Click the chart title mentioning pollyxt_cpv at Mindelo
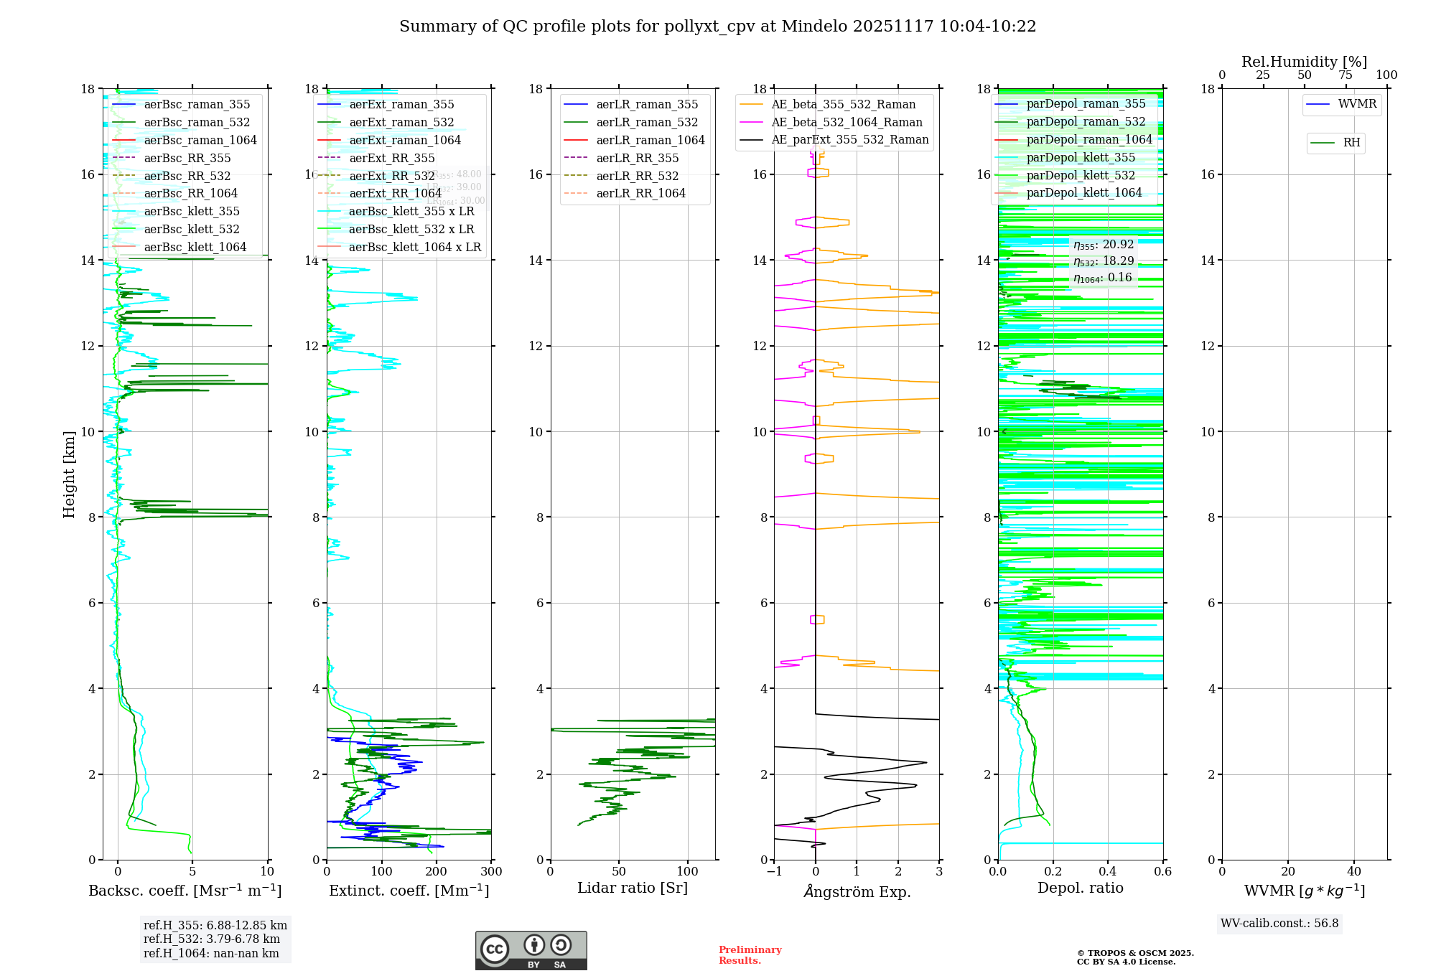coord(717,27)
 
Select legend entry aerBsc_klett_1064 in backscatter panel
coord(195,247)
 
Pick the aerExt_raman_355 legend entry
coord(401,105)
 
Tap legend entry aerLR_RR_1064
coord(640,193)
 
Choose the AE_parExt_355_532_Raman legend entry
coord(849,140)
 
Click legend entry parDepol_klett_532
coord(1081,175)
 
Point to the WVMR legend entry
coord(1357,104)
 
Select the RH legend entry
coord(1351,143)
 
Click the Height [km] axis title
coord(69,474)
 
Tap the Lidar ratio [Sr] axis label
coord(633,888)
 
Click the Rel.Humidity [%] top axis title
coord(1304,62)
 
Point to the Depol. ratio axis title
coord(1080,888)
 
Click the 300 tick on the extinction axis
coord(492,872)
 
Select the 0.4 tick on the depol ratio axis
coord(1108,872)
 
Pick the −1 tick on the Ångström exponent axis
coord(773,872)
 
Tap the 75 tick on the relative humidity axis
coord(1345,75)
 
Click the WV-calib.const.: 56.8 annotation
coord(1279,924)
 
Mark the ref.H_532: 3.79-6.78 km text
coord(212,939)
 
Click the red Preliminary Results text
coord(750,955)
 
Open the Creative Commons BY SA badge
coord(531,951)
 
